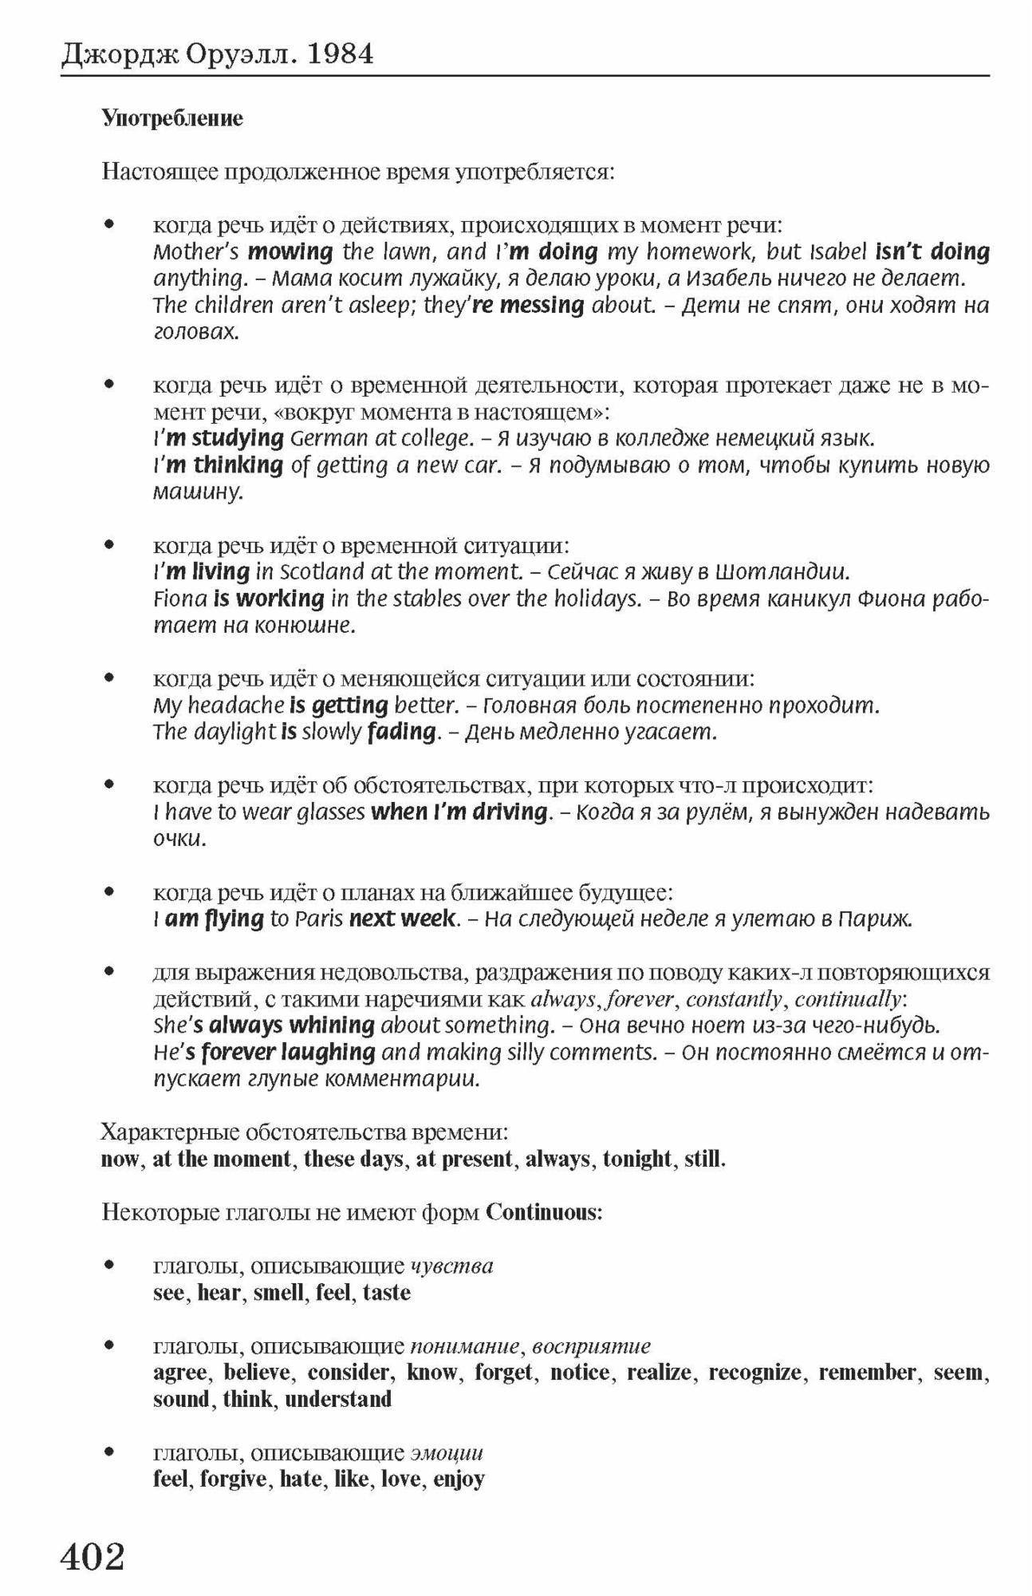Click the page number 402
(93, 1555)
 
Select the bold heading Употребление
(172, 119)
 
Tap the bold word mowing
(290, 252)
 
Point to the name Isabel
(837, 252)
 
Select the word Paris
(318, 918)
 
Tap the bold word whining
(332, 1025)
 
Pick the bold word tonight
(637, 1159)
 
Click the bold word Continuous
(542, 1212)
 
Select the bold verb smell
(279, 1292)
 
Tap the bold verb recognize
(754, 1372)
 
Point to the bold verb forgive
(234, 1479)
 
